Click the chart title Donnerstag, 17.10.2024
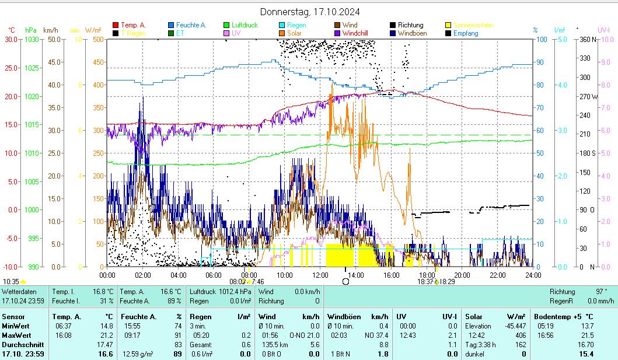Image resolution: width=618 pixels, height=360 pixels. point(309,12)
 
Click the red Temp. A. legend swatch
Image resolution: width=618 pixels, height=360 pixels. point(116,25)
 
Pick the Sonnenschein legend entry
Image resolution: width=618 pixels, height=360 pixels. point(473,25)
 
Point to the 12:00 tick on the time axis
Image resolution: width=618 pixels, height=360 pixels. point(320,275)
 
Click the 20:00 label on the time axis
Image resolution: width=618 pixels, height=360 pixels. point(462,275)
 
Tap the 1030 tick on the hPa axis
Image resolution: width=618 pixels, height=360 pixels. point(33,39)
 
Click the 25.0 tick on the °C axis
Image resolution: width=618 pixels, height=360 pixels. point(11,68)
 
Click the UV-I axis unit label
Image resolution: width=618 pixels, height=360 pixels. point(603,30)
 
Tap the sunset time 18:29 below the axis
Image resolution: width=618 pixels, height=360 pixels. point(448,281)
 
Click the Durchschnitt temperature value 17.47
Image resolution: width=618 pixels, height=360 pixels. point(105,345)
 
